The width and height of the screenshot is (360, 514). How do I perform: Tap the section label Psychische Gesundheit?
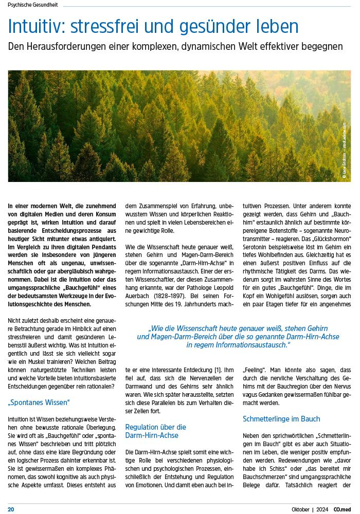pos(33,5)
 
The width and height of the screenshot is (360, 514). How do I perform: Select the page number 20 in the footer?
pos(11,509)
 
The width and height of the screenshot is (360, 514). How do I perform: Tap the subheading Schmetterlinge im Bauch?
pos(281,419)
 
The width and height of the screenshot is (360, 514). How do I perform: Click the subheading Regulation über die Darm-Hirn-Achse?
pos(155,431)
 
